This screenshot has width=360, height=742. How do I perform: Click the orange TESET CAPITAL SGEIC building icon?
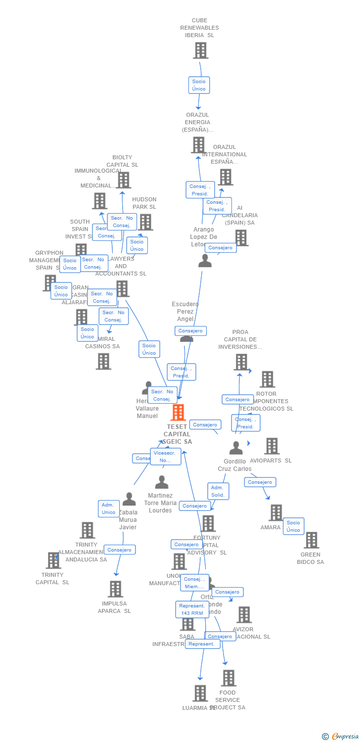tap(178, 412)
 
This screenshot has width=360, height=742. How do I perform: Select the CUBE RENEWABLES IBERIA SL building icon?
tap(200, 50)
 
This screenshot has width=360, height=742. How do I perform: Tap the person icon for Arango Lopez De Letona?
tap(205, 261)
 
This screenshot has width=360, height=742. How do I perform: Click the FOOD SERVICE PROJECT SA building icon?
tap(228, 678)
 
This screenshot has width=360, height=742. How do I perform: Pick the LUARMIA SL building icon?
tap(200, 693)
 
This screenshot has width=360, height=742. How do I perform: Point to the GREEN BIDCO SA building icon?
tap(311, 540)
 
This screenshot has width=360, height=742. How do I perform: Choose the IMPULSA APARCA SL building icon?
tap(116, 589)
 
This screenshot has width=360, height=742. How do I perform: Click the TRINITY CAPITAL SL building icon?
tap(53, 560)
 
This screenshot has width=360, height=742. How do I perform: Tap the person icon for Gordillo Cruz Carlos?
tap(236, 448)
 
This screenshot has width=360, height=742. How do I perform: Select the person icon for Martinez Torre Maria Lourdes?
tap(162, 482)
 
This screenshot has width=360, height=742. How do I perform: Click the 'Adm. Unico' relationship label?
tap(109, 509)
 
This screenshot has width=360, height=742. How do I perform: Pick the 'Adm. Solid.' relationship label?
tap(218, 491)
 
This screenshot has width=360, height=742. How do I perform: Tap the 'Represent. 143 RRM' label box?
tap(192, 609)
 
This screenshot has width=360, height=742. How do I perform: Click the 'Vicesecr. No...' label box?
tap(165, 457)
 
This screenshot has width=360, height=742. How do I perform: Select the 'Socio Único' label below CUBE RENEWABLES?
tap(199, 85)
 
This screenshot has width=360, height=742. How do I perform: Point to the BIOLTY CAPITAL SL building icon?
tap(124, 180)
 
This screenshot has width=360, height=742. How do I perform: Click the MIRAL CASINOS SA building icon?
tap(103, 361)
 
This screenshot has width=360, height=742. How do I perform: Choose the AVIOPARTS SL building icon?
tap(271, 446)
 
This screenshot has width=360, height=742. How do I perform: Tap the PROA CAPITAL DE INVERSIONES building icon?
tap(241, 362)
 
